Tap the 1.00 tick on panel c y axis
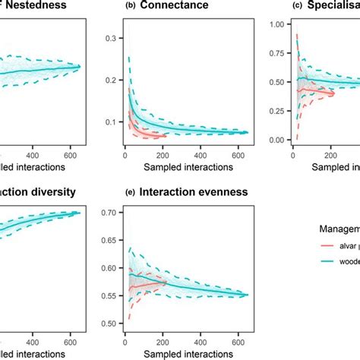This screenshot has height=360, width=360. point(276,25)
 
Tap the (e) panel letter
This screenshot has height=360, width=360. point(109,191)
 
